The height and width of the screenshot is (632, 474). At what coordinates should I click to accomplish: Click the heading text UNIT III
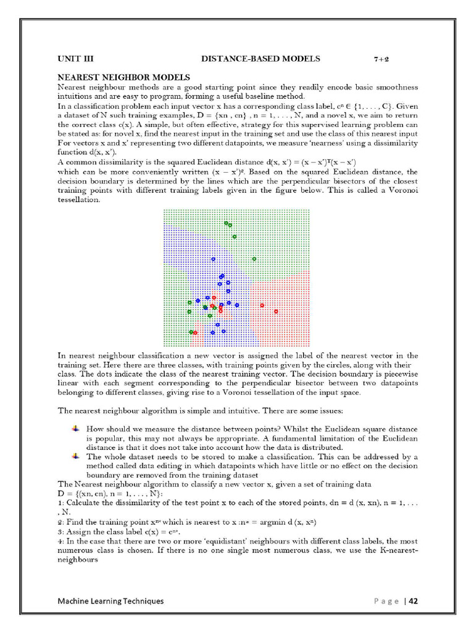click(x=75, y=59)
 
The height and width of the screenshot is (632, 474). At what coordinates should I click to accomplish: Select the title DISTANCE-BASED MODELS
click(x=260, y=59)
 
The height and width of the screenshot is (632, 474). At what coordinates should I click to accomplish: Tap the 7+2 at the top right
click(x=381, y=59)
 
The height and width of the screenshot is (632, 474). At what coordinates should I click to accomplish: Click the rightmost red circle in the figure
click(x=275, y=312)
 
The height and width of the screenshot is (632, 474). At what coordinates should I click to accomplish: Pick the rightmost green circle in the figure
click(x=254, y=259)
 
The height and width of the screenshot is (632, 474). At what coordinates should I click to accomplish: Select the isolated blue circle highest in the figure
click(x=214, y=259)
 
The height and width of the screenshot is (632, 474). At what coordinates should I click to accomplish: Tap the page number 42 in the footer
click(x=414, y=601)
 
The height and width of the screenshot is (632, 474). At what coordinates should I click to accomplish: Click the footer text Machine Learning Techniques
click(x=110, y=601)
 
